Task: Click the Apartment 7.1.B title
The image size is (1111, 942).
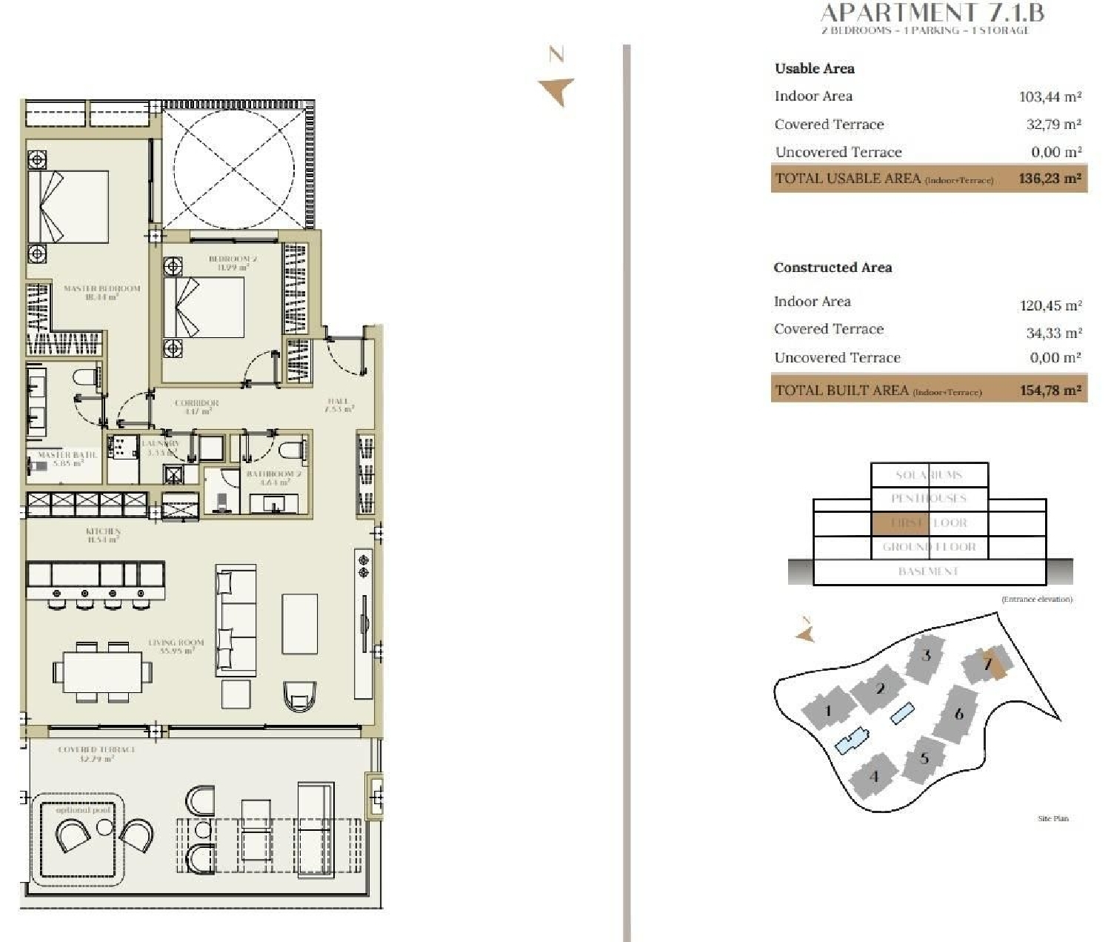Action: tap(932, 13)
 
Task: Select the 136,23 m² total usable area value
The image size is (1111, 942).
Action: tap(1050, 179)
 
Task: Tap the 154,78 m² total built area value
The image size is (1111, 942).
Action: tap(1050, 391)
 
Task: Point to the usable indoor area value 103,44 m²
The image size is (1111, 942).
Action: tap(1050, 96)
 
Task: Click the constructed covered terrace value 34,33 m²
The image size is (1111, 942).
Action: tap(1053, 334)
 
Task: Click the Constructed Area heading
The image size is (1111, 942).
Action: tap(833, 268)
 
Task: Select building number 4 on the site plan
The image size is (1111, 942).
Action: tap(874, 776)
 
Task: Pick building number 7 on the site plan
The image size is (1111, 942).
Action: tap(988, 663)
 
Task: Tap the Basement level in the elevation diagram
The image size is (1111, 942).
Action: tap(928, 571)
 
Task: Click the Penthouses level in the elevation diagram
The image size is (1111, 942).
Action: tap(928, 498)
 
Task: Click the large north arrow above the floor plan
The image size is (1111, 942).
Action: tap(557, 89)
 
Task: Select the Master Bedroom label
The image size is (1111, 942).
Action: tap(101, 292)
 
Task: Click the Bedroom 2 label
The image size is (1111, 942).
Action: tap(233, 262)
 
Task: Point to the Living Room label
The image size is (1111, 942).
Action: tap(176, 646)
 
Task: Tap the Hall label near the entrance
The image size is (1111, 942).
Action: tap(339, 405)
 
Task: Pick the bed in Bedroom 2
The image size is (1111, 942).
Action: tap(204, 307)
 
